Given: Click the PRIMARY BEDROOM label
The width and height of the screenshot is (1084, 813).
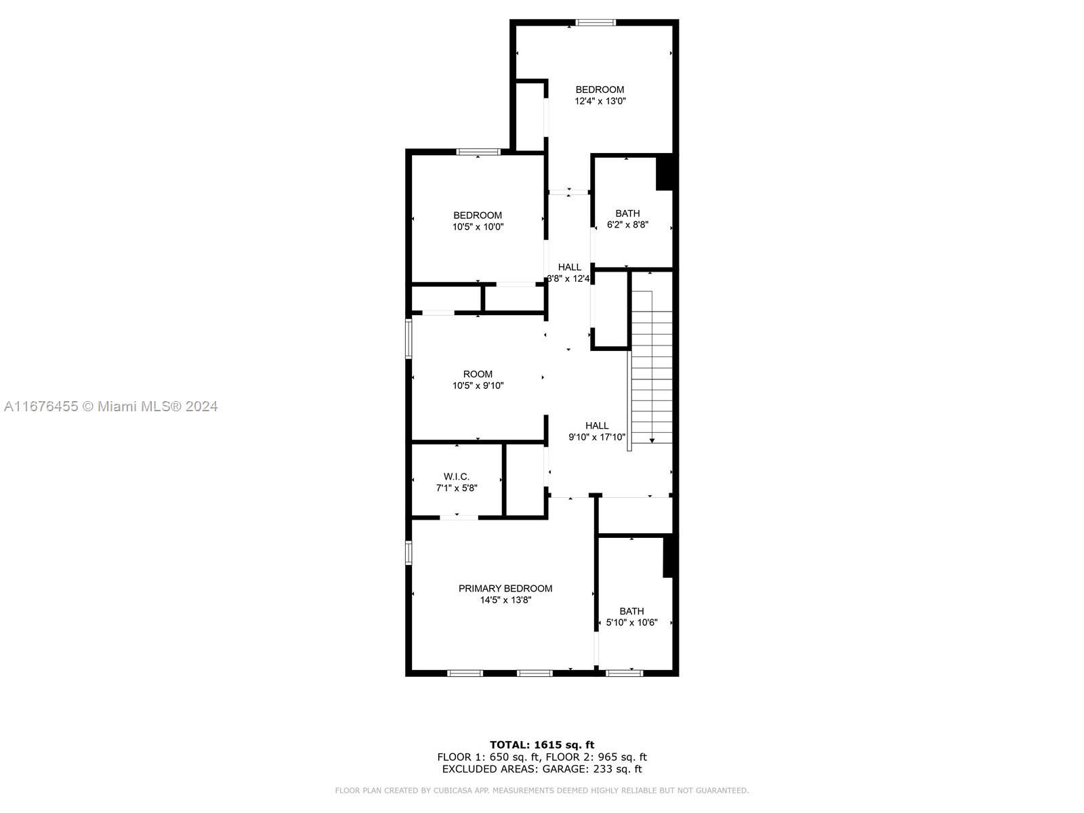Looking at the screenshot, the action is click(505, 588).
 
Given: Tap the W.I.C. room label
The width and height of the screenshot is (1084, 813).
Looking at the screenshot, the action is click(457, 476).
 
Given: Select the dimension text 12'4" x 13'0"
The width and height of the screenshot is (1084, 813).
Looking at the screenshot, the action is click(600, 101).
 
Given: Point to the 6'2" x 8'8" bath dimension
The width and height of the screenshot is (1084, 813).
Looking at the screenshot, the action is click(627, 225).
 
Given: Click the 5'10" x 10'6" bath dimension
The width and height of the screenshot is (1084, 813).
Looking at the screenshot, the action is click(632, 623).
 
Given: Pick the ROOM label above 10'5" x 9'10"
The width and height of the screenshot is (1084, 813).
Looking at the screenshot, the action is click(478, 374).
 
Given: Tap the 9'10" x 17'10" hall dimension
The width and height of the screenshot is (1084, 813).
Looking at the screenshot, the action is click(597, 437).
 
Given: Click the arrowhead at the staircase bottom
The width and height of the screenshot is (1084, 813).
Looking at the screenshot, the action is click(652, 440).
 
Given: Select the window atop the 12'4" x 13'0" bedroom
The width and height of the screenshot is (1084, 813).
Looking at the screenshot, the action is click(596, 22).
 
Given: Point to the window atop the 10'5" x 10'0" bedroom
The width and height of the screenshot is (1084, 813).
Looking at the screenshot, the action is click(478, 152).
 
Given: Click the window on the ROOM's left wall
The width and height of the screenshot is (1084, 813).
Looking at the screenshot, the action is click(409, 338).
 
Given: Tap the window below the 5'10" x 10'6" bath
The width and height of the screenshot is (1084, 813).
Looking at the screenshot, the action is click(625, 673).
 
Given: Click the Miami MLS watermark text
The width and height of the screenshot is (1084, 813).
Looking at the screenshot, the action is click(110, 406).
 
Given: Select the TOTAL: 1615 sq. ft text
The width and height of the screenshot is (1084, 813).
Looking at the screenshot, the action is click(542, 745).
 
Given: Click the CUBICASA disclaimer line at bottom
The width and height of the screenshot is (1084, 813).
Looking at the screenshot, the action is click(542, 790).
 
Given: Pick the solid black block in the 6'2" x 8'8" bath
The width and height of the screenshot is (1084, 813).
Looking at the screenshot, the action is click(665, 173).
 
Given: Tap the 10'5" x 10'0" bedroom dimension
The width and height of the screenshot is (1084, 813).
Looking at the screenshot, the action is click(478, 227).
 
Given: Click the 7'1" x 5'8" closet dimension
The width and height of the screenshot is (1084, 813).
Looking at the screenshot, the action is click(457, 488).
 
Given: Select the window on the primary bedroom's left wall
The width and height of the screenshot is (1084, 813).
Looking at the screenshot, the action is click(409, 553).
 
